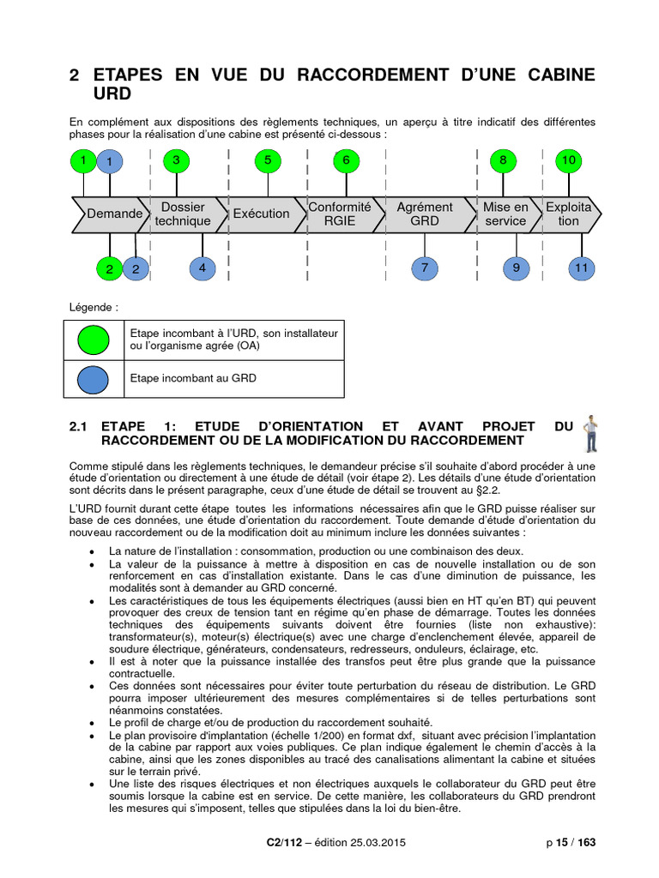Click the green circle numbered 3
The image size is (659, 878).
tap(177, 160)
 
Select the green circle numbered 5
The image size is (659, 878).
tap(268, 160)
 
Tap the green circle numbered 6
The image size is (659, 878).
tap(346, 160)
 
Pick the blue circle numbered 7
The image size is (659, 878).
tap(424, 268)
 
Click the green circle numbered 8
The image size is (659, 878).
tap(503, 160)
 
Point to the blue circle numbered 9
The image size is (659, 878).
tap(516, 268)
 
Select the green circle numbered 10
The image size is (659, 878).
tap(567, 160)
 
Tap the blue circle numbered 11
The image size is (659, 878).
tap(582, 268)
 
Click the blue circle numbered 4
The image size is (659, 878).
tap(202, 268)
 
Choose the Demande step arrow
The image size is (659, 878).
tap(112, 213)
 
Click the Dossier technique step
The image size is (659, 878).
tap(183, 213)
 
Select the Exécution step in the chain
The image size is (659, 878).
tap(261, 213)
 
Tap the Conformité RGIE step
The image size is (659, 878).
tap(340, 213)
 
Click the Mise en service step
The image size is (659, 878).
tap(505, 213)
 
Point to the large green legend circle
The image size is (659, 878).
tap(94, 340)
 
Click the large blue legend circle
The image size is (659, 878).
tap(94, 378)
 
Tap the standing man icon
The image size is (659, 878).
tap(589, 432)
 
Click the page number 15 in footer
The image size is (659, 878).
tap(565, 842)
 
